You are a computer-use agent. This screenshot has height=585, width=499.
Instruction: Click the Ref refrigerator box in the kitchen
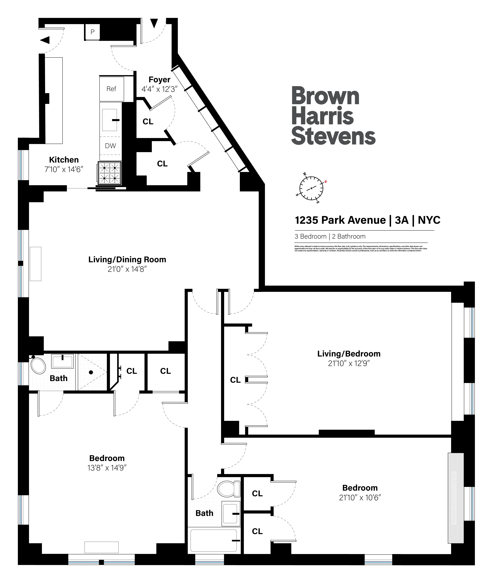pyautogui.click(x=111, y=89)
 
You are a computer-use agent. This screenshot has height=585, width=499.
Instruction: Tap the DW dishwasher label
pyautogui.click(x=110, y=146)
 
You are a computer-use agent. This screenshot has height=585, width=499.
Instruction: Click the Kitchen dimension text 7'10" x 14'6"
pyautogui.click(x=64, y=169)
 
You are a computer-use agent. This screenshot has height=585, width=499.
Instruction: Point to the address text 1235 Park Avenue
pyautogui.click(x=340, y=220)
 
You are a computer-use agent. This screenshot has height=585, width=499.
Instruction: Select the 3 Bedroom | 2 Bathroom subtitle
pyautogui.click(x=330, y=237)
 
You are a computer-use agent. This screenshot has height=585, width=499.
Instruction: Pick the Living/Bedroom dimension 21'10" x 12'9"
pyautogui.click(x=349, y=363)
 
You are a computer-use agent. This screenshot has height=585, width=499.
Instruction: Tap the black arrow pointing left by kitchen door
pyautogui.click(x=45, y=40)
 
